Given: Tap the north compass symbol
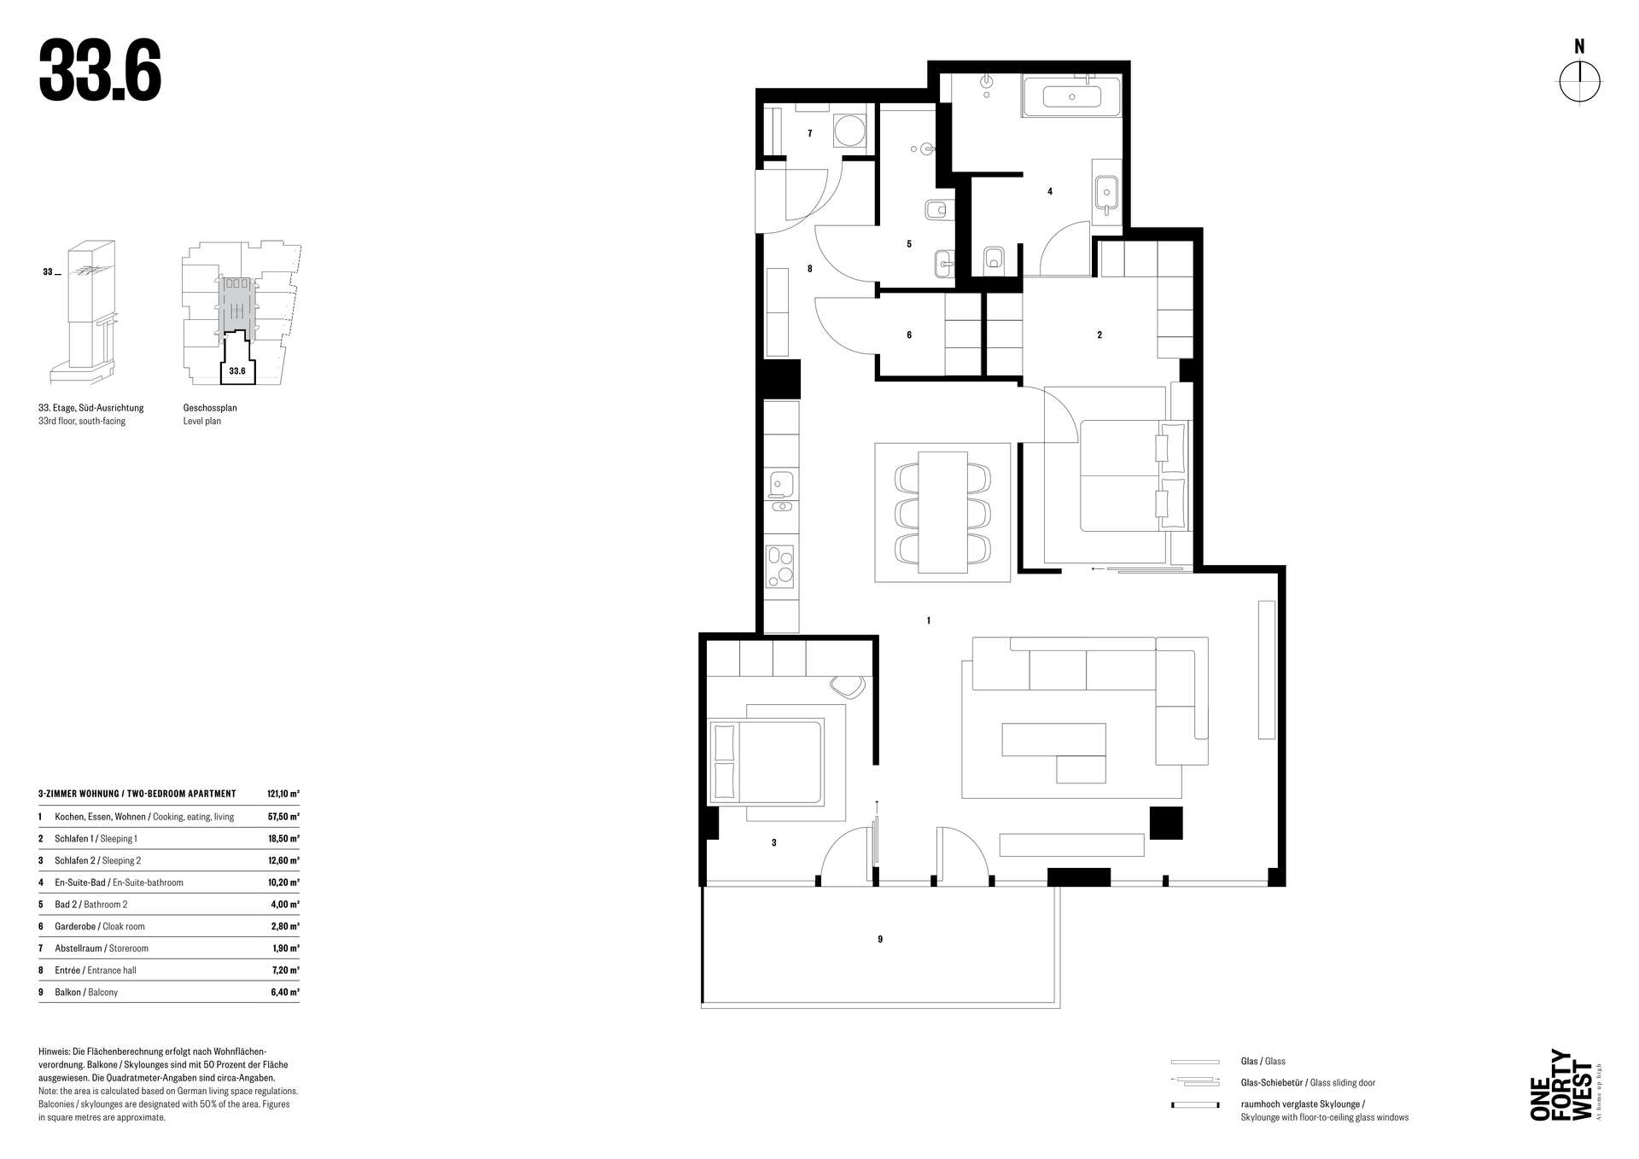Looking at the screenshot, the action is point(1579,82).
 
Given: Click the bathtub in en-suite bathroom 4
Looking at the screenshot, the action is point(1071,97).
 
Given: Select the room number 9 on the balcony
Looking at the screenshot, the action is point(880,939).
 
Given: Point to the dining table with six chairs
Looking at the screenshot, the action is point(942,512).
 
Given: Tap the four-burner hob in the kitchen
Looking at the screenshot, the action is point(779,566).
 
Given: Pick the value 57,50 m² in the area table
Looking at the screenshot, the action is point(283,817).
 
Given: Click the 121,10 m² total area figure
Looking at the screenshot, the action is point(283,794).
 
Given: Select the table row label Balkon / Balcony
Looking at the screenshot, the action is point(86,993).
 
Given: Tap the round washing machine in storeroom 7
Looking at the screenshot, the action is point(849,131).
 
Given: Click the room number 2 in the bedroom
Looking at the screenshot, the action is point(1099,335).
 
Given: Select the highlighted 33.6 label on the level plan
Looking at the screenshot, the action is point(237,371).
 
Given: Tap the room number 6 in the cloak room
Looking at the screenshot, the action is point(909,335).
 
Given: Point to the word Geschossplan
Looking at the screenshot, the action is point(210,408).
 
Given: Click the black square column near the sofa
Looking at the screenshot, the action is point(1166,823).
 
